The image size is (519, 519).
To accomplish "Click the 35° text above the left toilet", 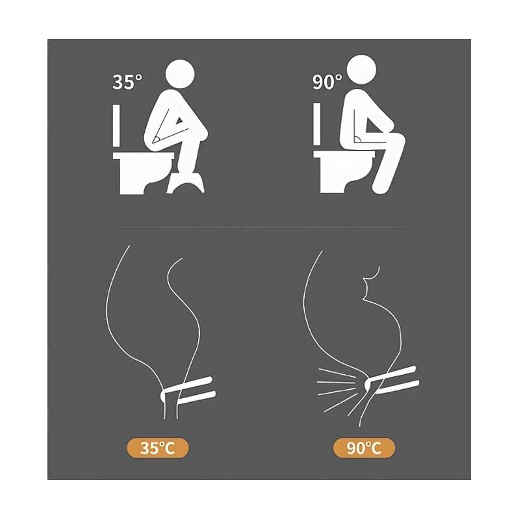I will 127,82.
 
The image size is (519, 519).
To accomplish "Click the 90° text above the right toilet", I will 327,82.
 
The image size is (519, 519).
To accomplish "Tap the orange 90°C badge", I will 364,448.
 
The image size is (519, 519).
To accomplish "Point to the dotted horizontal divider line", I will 259,226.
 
